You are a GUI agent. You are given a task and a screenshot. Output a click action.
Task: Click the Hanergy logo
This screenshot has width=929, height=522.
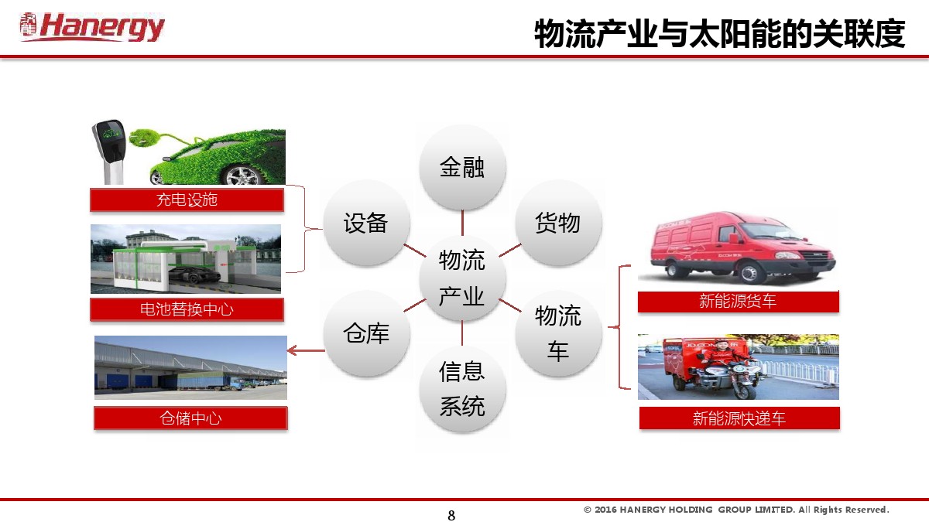(92, 27)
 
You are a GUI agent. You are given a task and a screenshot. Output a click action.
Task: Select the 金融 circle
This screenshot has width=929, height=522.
(462, 167)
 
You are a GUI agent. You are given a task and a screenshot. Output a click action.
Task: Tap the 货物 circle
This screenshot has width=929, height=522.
(557, 223)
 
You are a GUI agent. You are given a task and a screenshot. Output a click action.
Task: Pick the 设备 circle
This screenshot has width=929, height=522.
(366, 223)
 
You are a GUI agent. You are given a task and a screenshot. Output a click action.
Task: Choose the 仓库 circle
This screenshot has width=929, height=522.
(366, 333)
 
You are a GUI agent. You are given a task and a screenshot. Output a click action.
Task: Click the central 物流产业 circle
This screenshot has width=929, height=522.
(462, 278)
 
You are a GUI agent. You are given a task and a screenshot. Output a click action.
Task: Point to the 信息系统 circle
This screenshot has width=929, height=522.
(462, 388)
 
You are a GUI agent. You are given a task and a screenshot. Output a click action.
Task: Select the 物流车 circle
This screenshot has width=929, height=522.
(557, 333)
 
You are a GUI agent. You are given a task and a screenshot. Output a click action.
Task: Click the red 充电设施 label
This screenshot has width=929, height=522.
(187, 200)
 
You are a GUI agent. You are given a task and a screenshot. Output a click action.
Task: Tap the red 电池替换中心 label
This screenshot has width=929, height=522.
(187, 309)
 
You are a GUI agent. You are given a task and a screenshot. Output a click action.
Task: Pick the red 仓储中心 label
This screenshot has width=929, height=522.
(190, 418)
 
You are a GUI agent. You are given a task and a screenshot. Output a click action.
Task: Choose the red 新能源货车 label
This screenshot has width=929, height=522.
(738, 302)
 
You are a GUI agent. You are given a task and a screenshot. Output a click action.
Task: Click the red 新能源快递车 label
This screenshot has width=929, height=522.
(739, 418)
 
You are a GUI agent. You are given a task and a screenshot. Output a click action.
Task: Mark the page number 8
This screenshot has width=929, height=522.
(452, 516)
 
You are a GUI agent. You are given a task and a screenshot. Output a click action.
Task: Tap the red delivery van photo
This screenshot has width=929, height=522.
(737, 247)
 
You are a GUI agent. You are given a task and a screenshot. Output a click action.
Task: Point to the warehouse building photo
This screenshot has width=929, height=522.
(190, 367)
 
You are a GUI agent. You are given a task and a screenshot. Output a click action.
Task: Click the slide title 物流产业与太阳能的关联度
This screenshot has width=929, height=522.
(719, 34)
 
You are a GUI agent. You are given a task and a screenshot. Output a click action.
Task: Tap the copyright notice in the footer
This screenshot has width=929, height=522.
(736, 510)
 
